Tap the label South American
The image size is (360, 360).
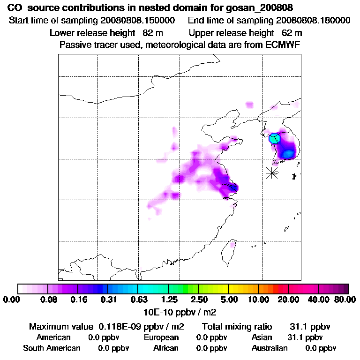click(52, 348)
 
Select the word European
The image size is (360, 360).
click(161, 337)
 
